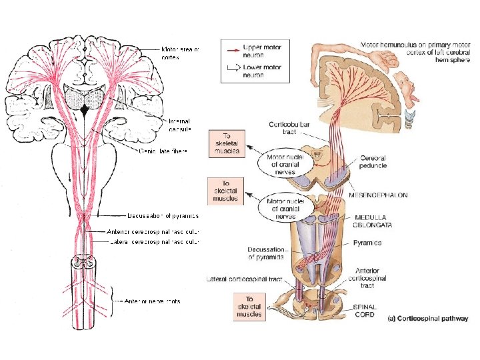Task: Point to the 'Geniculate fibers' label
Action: pyautogui.click(x=164, y=151)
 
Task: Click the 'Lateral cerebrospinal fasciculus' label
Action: pyautogui.click(x=154, y=242)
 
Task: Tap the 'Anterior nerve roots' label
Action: pyautogui.click(x=152, y=301)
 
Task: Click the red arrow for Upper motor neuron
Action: pyautogui.click(x=233, y=49)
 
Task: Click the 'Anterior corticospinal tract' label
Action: pyautogui.click(x=371, y=277)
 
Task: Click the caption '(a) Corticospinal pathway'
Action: pyautogui.click(x=423, y=319)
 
